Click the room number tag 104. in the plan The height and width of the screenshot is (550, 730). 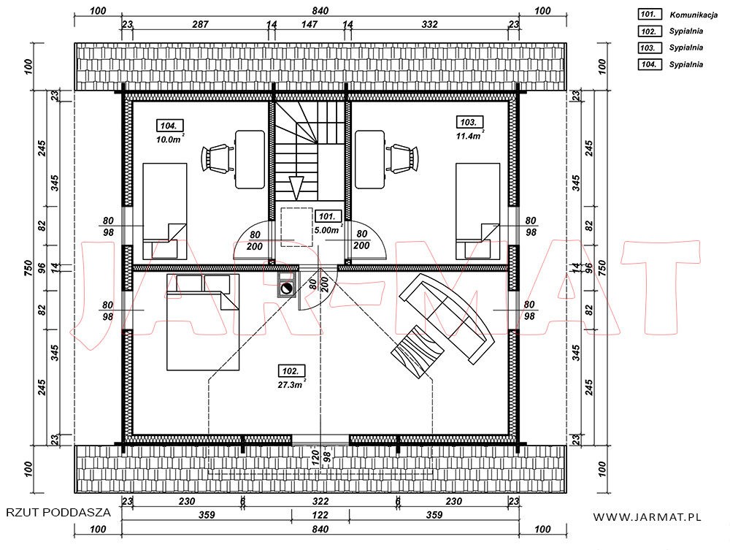[169, 126]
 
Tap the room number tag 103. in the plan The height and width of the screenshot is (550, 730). [469, 123]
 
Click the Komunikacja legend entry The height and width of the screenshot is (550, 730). [693, 15]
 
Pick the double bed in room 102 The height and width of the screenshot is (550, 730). [203, 322]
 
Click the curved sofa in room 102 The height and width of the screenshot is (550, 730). [447, 318]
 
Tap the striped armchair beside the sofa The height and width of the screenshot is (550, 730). [417, 352]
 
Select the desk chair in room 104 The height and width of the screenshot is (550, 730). [217, 157]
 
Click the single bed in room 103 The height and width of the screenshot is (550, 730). [477, 211]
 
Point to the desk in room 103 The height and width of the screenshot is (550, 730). [370, 159]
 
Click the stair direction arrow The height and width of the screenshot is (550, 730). [296, 188]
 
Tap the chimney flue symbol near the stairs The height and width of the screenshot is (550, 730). [286, 289]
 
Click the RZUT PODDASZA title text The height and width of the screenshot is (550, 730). [58, 512]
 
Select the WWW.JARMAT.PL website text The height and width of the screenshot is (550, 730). [647, 516]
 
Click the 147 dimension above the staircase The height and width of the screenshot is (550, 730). [310, 24]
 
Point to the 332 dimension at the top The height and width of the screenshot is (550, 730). [429, 24]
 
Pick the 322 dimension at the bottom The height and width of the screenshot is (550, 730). [320, 501]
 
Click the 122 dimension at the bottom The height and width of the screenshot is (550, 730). [320, 515]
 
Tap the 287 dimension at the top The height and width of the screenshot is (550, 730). [201, 24]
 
